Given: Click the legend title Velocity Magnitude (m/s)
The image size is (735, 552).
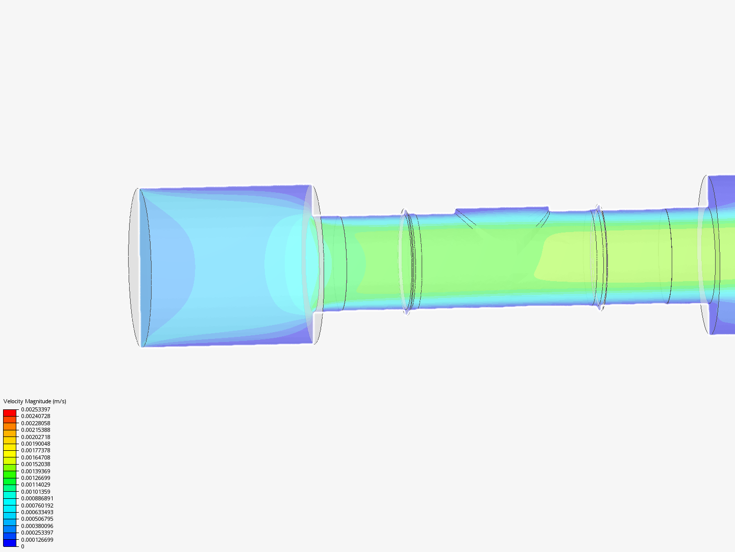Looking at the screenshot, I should (x=35, y=401).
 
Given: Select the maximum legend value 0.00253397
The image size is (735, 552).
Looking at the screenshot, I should (x=36, y=409).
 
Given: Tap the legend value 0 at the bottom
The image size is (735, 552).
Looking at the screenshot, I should (x=22, y=546).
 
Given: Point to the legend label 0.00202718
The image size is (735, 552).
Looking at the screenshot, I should (x=36, y=437).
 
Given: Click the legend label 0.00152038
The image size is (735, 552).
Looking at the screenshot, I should (x=36, y=464).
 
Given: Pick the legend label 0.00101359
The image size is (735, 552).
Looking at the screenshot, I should (x=36, y=492).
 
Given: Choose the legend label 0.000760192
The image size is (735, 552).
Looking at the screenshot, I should (x=37, y=505).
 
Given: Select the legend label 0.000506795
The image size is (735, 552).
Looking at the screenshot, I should (x=37, y=519).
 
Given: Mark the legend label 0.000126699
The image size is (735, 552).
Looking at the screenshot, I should (x=37, y=540).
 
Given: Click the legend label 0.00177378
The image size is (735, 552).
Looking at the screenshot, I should (x=36, y=450).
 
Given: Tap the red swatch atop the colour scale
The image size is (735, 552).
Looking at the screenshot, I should (x=10, y=412).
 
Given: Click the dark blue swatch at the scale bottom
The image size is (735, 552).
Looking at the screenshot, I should (x=10, y=543).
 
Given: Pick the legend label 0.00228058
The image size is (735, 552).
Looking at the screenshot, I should (x=36, y=423).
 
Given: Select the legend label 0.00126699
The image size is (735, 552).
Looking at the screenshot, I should (x=36, y=478).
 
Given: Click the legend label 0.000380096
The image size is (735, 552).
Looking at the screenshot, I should (x=37, y=526).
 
